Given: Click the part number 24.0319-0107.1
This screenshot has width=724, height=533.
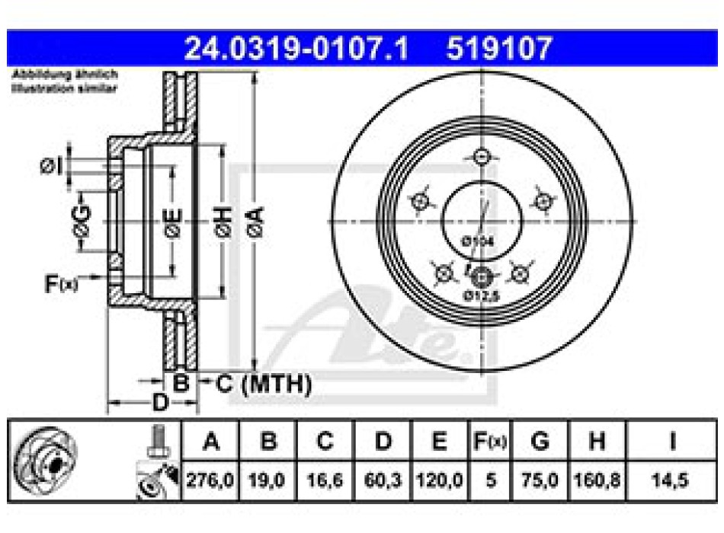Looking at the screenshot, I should coord(297,49).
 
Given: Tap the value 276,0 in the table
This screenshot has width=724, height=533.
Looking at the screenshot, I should coord(210,481).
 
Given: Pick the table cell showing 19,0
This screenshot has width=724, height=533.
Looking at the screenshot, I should coord(267,481).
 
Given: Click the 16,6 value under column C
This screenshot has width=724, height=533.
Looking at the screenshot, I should coord(325,481).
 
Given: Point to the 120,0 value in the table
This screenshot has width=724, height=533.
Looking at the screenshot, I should coord(441,481).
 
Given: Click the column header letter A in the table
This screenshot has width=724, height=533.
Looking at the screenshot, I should coord(210,442).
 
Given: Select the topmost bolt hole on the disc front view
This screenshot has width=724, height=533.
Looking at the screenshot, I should coord(481,158).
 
